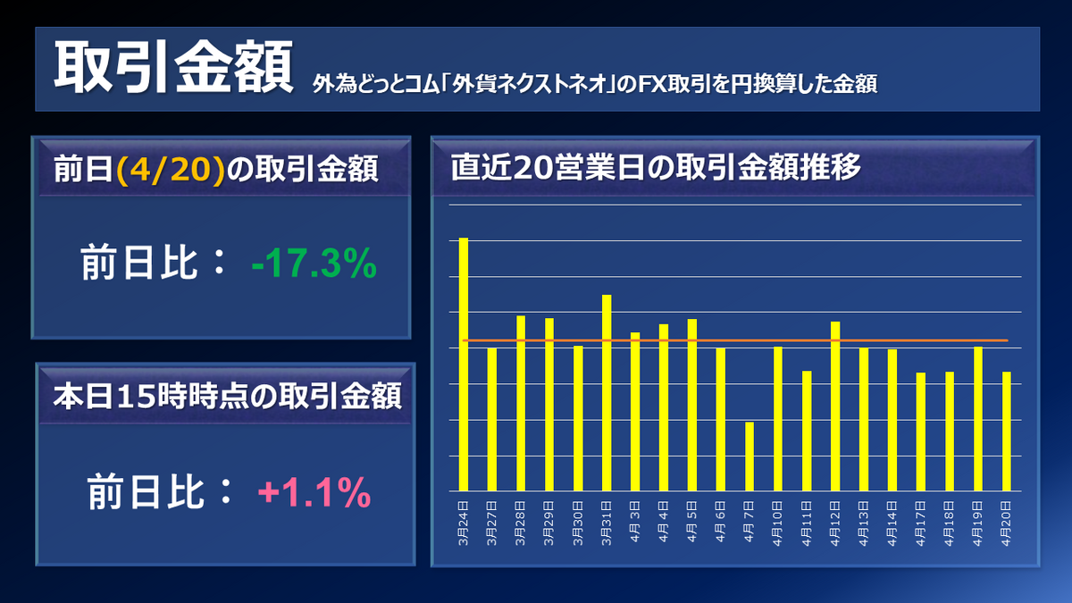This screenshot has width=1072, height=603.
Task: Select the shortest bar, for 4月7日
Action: tap(750, 456)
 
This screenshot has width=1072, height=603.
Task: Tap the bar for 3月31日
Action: tap(607, 393)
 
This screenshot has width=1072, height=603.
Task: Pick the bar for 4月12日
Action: tap(835, 406)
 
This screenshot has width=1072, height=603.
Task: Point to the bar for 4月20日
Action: tap(1007, 431)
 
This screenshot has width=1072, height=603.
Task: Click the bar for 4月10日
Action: tap(778, 419)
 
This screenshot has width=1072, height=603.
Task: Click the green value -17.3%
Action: tap(313, 265)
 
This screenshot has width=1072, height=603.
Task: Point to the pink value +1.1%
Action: tap(314, 491)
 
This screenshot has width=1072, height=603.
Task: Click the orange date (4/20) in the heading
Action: tap(169, 169)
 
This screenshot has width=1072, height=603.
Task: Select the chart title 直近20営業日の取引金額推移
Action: tap(655, 167)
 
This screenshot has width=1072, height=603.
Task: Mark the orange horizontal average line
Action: tap(893, 340)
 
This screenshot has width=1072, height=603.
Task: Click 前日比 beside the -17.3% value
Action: tap(147, 265)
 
